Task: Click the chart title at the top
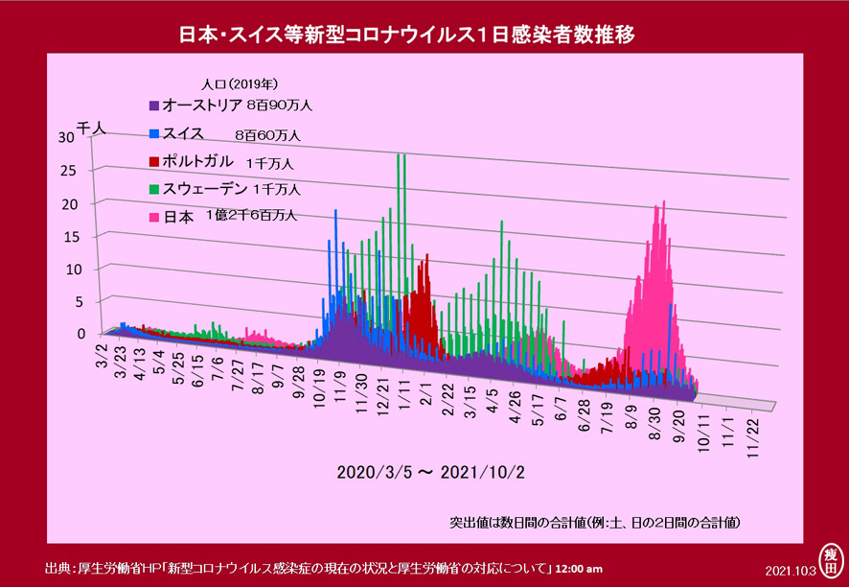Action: [x=406, y=35]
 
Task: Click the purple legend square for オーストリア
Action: [x=153, y=106]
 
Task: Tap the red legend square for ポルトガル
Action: [x=153, y=162]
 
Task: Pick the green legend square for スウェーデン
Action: [x=153, y=190]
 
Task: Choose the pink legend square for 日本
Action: [x=153, y=218]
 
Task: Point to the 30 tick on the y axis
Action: [x=65, y=138]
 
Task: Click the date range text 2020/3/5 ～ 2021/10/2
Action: [x=431, y=472]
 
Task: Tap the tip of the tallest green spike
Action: [x=399, y=154]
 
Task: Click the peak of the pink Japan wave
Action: [x=664, y=201]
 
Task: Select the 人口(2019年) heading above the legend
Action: [x=240, y=84]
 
